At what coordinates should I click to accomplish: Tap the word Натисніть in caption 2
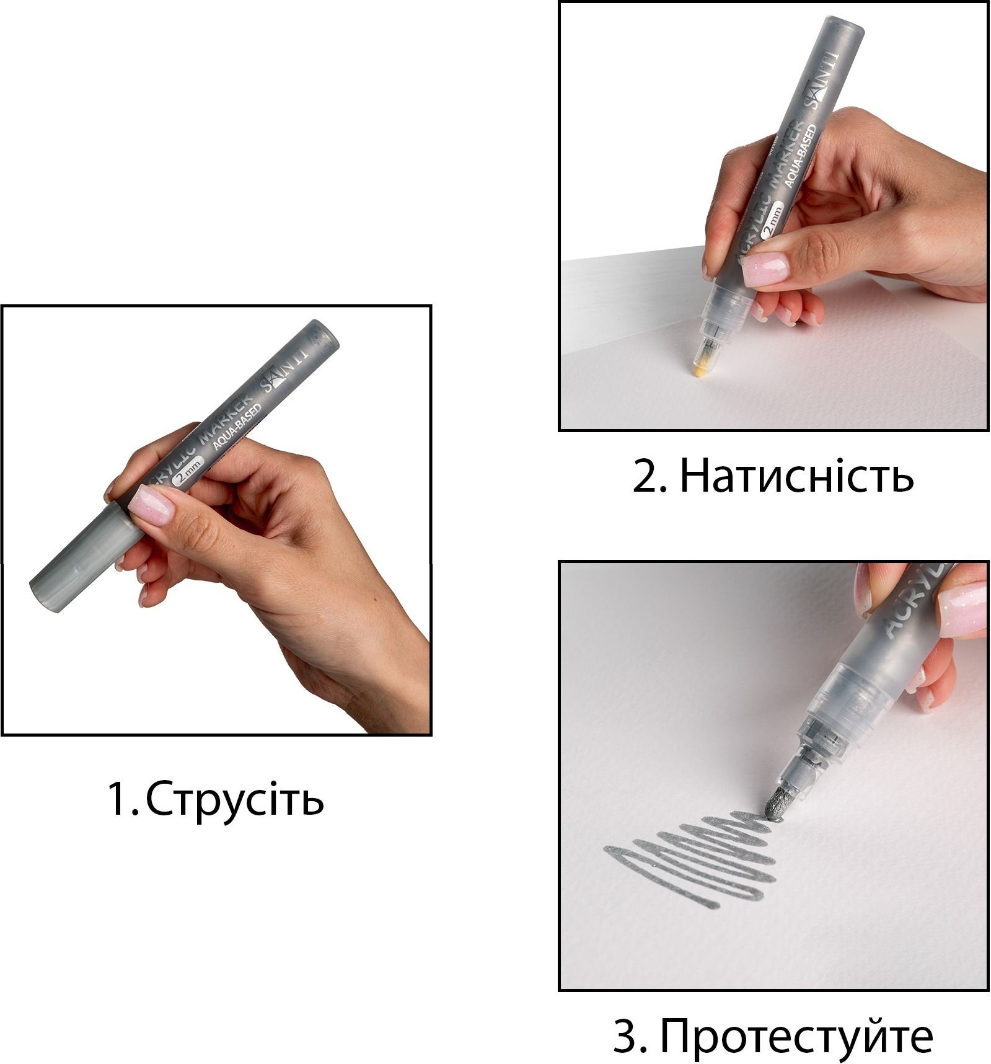click(x=797, y=476)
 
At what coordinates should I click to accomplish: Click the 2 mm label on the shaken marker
click(x=190, y=473)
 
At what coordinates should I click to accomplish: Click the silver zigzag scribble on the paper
click(x=688, y=859)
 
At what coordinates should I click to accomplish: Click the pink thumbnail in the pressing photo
click(x=766, y=268)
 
